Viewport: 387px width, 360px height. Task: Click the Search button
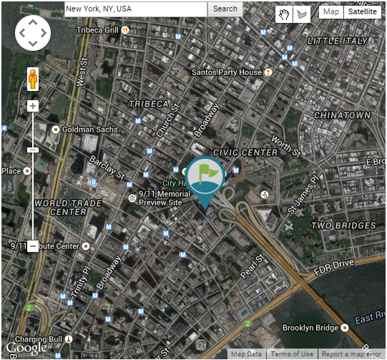[225, 9]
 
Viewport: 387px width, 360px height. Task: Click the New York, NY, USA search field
[136, 9]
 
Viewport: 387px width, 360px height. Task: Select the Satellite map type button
[362, 11]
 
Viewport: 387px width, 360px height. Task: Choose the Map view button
[330, 11]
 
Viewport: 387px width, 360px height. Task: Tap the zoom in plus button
[32, 106]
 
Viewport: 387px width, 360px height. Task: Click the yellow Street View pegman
[32, 79]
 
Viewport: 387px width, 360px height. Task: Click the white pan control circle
[32, 33]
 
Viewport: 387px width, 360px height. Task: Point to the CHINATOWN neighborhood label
[342, 115]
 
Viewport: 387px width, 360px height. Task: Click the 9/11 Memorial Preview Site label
[166, 198]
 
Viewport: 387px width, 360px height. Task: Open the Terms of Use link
[291, 354]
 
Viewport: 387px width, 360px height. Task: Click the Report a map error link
[351, 354]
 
